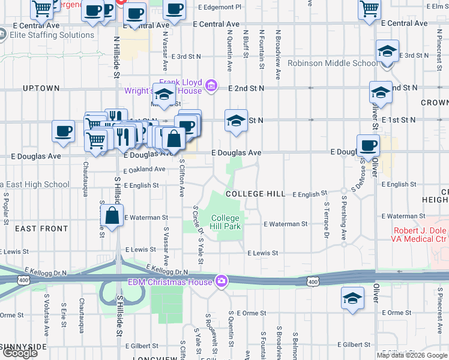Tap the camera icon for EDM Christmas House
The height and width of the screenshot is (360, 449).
pos(222,281)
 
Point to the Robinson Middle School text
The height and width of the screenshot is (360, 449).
pos(332,63)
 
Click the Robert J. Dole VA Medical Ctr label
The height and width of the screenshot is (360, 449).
pos(421,235)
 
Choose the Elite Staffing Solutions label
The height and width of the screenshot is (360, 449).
pos(52,35)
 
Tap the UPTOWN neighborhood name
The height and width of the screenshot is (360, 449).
pos(41,88)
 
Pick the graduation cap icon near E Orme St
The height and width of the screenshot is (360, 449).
pos(352,298)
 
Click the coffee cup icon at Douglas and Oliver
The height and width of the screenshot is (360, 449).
pos(367,145)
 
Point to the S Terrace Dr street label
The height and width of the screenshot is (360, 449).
pos(327,216)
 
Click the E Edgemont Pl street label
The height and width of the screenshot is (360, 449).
pos(217,7)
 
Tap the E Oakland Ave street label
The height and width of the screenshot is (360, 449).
pos(144,170)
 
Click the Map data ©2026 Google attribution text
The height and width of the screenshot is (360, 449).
pos(412,355)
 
